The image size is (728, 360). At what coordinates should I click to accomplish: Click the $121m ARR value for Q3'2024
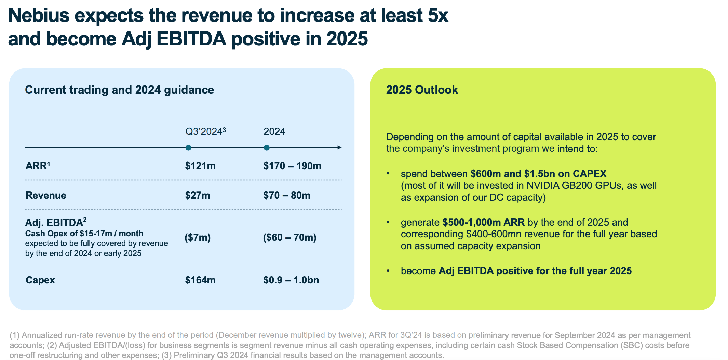(200, 166)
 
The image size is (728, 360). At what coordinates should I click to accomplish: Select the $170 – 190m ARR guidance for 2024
(292, 166)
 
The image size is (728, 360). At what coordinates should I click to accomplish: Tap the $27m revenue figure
(197, 196)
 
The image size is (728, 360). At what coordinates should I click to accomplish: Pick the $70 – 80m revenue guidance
(286, 196)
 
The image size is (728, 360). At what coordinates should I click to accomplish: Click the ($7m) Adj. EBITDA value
(197, 237)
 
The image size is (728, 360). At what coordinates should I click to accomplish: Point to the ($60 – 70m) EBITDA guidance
(289, 237)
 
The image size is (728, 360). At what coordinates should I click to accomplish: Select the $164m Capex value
(200, 280)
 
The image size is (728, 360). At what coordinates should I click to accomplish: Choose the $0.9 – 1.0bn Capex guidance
(291, 280)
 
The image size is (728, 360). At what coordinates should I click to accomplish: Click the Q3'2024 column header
(205, 132)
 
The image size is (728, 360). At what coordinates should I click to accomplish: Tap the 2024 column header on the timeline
(274, 132)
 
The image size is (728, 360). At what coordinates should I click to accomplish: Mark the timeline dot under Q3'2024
(188, 148)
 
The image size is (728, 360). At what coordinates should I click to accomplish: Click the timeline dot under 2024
(267, 148)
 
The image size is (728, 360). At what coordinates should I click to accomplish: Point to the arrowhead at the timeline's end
(339, 148)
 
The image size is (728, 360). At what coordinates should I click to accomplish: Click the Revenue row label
(46, 196)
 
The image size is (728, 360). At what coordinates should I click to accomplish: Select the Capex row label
(40, 280)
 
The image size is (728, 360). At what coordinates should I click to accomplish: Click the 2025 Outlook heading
(422, 90)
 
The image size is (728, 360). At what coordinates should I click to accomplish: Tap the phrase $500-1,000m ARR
(483, 223)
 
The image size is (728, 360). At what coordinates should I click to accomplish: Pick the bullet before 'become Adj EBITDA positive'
(388, 271)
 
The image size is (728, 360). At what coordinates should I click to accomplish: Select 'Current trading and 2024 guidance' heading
(120, 90)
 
